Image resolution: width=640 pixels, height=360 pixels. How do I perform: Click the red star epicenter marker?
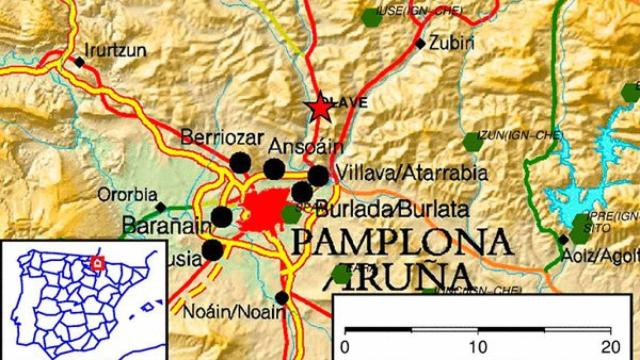[320, 107]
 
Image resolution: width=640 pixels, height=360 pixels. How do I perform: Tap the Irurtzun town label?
[115, 47]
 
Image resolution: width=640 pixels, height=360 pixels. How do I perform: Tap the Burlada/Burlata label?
[391, 210]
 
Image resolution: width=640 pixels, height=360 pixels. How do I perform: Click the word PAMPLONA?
[401, 242]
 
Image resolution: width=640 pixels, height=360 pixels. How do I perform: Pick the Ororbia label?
[127, 194]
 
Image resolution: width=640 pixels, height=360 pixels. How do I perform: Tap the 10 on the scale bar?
[478, 346]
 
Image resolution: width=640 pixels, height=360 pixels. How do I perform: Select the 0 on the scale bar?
[345, 346]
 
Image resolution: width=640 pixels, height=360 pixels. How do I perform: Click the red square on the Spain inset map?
[96, 263]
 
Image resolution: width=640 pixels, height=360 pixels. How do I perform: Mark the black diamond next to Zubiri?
[419, 43]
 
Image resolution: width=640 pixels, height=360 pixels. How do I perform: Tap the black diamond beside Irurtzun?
[79, 62]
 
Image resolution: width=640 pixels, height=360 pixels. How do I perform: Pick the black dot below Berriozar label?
[239, 162]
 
